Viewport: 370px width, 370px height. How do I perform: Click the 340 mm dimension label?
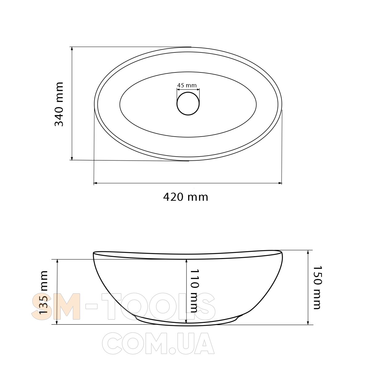pyautogui.click(x=59, y=104)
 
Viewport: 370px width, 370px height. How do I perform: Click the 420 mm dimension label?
pyautogui.click(x=186, y=197)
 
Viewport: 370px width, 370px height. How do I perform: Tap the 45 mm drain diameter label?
pyautogui.click(x=187, y=85)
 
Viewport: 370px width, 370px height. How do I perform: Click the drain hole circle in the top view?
pyautogui.click(x=188, y=104)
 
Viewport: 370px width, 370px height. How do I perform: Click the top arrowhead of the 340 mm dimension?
pyautogui.click(x=72, y=49)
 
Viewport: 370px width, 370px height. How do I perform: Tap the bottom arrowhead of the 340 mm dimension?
pyautogui.click(x=72, y=158)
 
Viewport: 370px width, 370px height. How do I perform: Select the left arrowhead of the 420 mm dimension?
pyautogui.click(x=96, y=183)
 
